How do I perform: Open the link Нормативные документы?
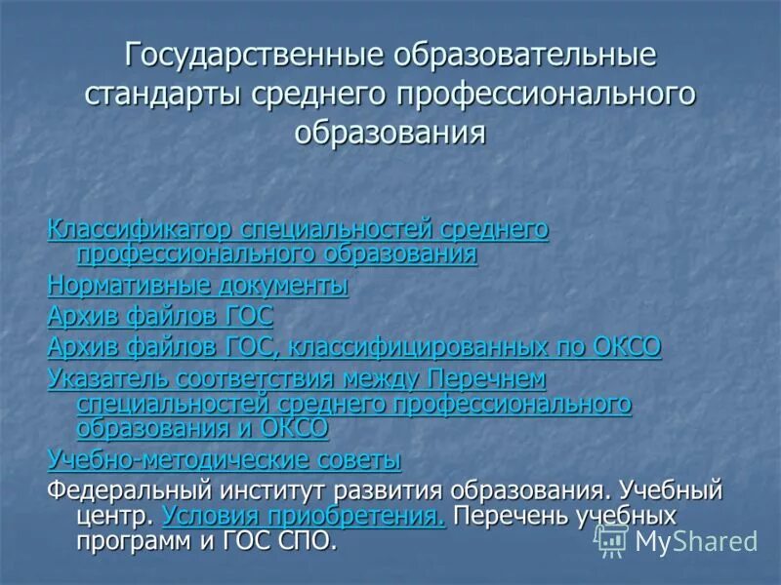(198, 286)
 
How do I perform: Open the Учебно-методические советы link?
(225, 458)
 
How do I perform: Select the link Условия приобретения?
(304, 516)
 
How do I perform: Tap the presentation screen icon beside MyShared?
(611, 539)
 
